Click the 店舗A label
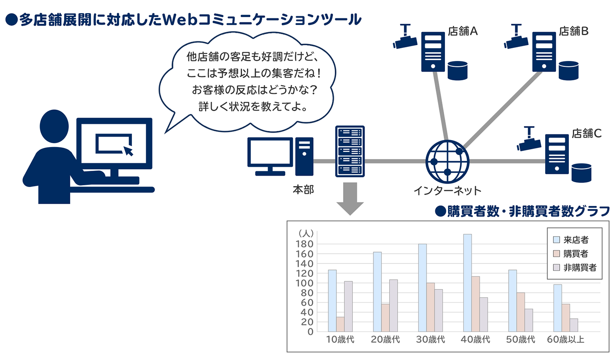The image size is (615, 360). pyautogui.click(x=463, y=31)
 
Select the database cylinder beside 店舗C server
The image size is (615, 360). pyautogui.click(x=581, y=173)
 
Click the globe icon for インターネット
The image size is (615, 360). pyautogui.click(x=447, y=162)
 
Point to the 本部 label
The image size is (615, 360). pyautogui.click(x=303, y=190)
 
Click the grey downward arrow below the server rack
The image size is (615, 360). pyautogui.click(x=350, y=199)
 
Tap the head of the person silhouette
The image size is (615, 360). pyautogui.click(x=54, y=126)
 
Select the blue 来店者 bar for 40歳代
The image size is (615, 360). pyautogui.click(x=467, y=283)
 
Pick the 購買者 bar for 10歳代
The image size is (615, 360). pyautogui.click(x=340, y=324)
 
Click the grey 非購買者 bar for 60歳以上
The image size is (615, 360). pyautogui.click(x=574, y=325)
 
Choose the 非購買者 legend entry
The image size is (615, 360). pyautogui.click(x=575, y=267)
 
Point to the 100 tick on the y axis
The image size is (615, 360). pyautogui.click(x=304, y=283)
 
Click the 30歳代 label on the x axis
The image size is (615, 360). pyautogui.click(x=430, y=340)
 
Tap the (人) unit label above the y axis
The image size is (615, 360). pyautogui.click(x=306, y=234)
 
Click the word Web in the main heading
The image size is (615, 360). pyautogui.click(x=180, y=19)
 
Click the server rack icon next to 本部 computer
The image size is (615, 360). pyautogui.click(x=350, y=151)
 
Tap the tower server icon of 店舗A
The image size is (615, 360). pyautogui.click(x=433, y=52)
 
